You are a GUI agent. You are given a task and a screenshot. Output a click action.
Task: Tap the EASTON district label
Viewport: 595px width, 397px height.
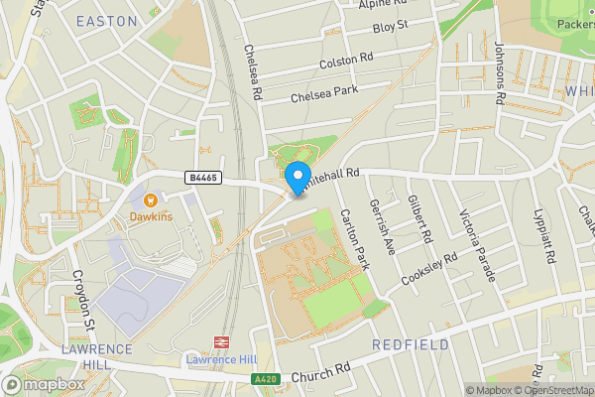[x=106, y=20]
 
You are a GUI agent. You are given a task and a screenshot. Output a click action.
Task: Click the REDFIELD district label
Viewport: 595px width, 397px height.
[x=410, y=344]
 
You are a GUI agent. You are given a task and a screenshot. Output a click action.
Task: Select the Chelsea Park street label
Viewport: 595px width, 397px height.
[x=324, y=95]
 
